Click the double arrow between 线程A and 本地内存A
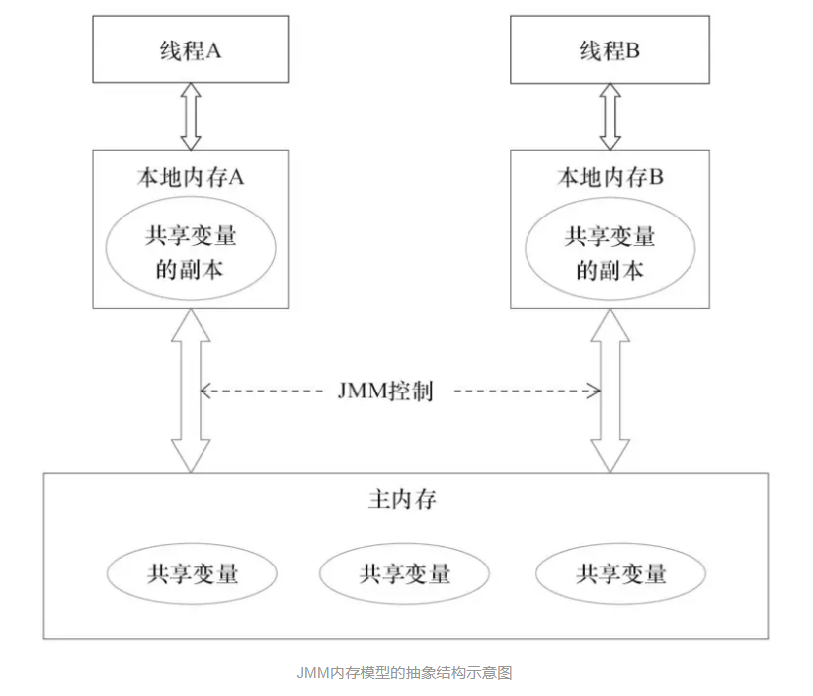click(x=191, y=117)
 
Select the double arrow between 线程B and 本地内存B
click(x=610, y=117)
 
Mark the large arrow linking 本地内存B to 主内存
click(x=610, y=390)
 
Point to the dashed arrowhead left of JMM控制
click(x=206, y=391)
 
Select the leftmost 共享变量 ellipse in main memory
click(x=193, y=573)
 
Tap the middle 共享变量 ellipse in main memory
click(x=405, y=573)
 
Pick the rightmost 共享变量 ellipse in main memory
click(x=620, y=573)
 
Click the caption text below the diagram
click(x=405, y=673)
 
